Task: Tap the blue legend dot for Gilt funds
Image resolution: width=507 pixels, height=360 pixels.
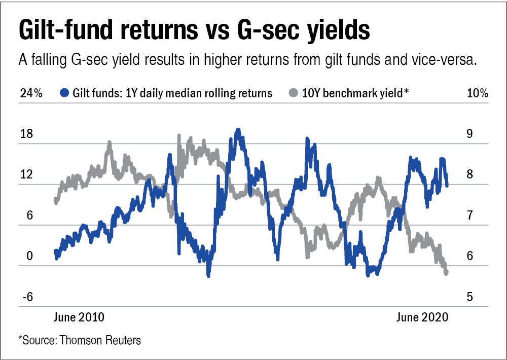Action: click(x=64, y=93)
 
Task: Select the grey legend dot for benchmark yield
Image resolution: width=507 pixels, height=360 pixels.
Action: click(x=293, y=93)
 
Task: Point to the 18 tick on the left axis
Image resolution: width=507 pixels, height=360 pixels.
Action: click(x=26, y=134)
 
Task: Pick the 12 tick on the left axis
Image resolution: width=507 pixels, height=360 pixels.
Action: click(x=26, y=175)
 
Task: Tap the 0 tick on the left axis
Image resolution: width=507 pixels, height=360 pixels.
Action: click(x=29, y=256)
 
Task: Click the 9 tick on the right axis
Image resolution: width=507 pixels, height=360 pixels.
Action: click(x=469, y=134)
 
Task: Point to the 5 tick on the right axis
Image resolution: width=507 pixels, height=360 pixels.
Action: click(x=469, y=297)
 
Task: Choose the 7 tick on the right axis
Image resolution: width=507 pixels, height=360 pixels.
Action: click(x=469, y=215)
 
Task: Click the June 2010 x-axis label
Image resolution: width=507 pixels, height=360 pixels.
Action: click(x=79, y=317)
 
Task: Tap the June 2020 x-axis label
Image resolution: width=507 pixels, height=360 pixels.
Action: click(x=422, y=317)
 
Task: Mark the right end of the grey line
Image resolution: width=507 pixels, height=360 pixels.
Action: click(x=447, y=273)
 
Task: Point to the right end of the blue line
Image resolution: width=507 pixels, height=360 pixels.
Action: click(x=447, y=185)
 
